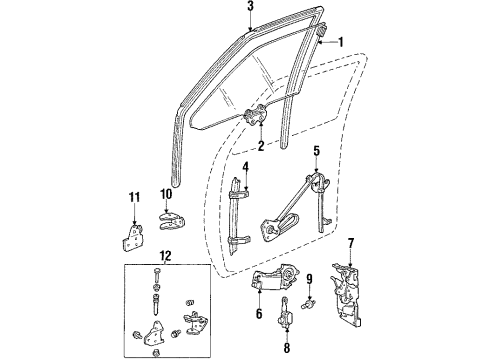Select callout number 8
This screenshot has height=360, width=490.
286,349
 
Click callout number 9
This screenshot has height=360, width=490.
310,279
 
